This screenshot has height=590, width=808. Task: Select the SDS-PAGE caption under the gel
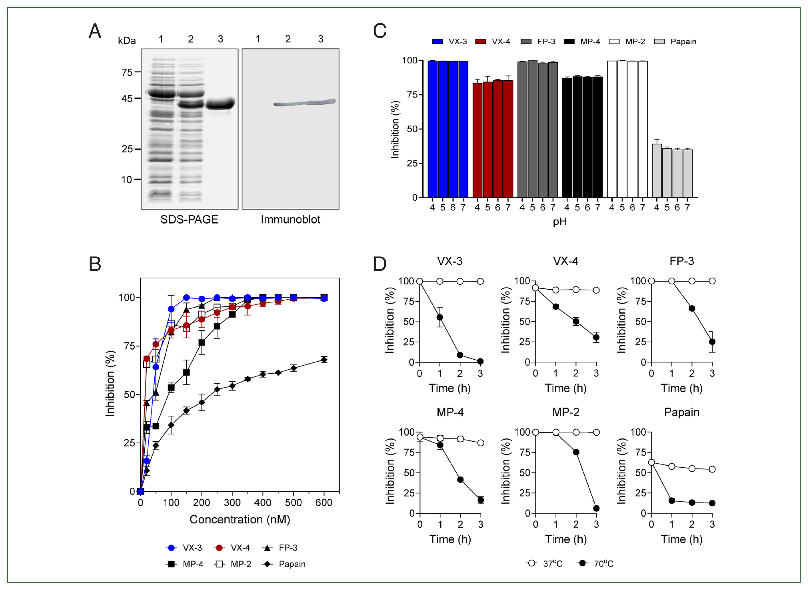[x=189, y=219]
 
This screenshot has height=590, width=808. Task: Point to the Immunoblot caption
[x=291, y=219]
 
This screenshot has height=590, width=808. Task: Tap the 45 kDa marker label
[x=127, y=98]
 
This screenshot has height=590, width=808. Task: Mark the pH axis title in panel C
[x=560, y=222]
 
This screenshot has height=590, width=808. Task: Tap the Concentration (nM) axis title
[x=239, y=519]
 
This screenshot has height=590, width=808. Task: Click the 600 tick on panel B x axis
[x=324, y=503]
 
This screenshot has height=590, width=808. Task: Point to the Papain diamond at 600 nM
[x=324, y=360]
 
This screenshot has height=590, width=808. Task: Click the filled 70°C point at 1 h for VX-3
[x=440, y=317]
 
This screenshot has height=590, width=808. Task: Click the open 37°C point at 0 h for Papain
[x=651, y=462]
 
